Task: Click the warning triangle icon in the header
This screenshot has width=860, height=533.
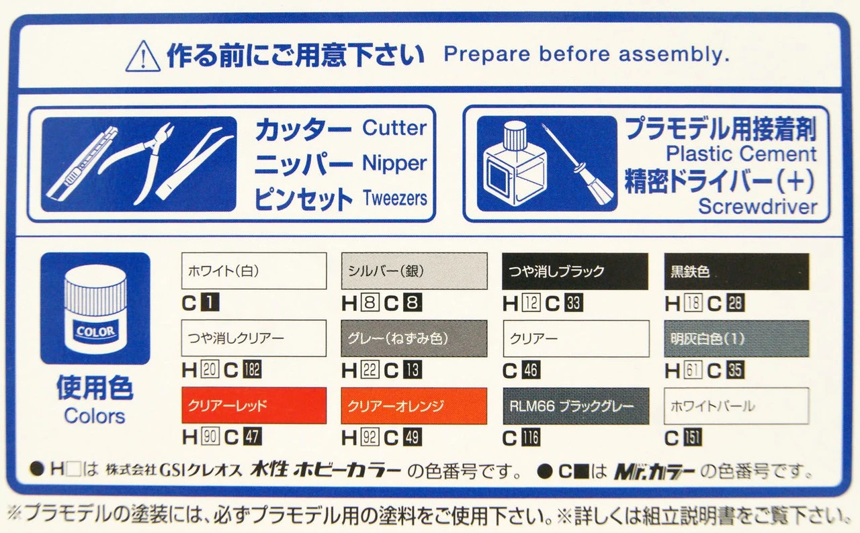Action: [x=143, y=56]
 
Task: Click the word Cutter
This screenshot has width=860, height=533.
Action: [x=394, y=128]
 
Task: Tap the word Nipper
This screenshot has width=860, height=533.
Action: [x=394, y=164]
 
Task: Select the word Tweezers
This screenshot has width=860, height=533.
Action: [x=394, y=198]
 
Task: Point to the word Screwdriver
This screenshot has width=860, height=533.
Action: [x=757, y=207]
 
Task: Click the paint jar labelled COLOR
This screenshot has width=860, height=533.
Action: [x=95, y=309]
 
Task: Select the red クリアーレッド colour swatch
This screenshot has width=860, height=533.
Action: [x=254, y=405]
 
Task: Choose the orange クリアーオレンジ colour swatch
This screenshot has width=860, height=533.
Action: [x=414, y=405]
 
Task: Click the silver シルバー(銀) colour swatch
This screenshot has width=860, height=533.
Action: [x=415, y=271]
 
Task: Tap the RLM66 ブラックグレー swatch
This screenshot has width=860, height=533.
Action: [x=576, y=405]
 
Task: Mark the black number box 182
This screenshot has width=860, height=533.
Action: [x=252, y=371]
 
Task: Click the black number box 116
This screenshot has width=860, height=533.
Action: [x=531, y=438]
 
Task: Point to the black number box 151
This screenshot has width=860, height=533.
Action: [x=693, y=438]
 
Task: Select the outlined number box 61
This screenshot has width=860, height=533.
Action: [x=693, y=371]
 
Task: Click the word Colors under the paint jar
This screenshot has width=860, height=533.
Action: [x=95, y=416]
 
